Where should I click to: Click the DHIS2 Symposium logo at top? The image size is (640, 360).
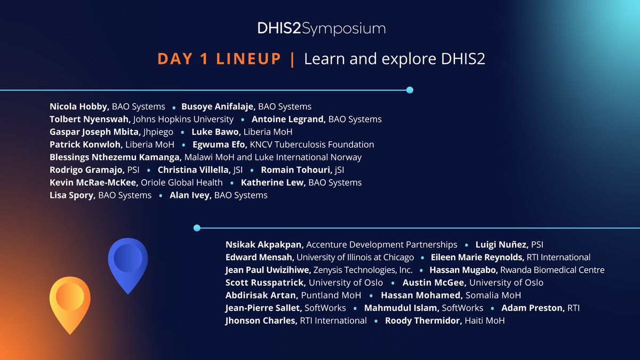pyautogui.click(x=320, y=29)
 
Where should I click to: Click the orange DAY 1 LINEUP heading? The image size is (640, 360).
pyautogui.click(x=219, y=59)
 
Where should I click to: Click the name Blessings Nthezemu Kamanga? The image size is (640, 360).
pyautogui.click(x=116, y=157)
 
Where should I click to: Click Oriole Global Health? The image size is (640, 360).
pyautogui.click(x=185, y=183)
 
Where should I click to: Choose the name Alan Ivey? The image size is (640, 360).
pyautogui.click(x=190, y=195)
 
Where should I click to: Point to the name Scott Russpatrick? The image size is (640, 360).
pyautogui.click(x=265, y=283)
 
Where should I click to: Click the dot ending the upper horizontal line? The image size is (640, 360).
pyautogui.click(x=410, y=90)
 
